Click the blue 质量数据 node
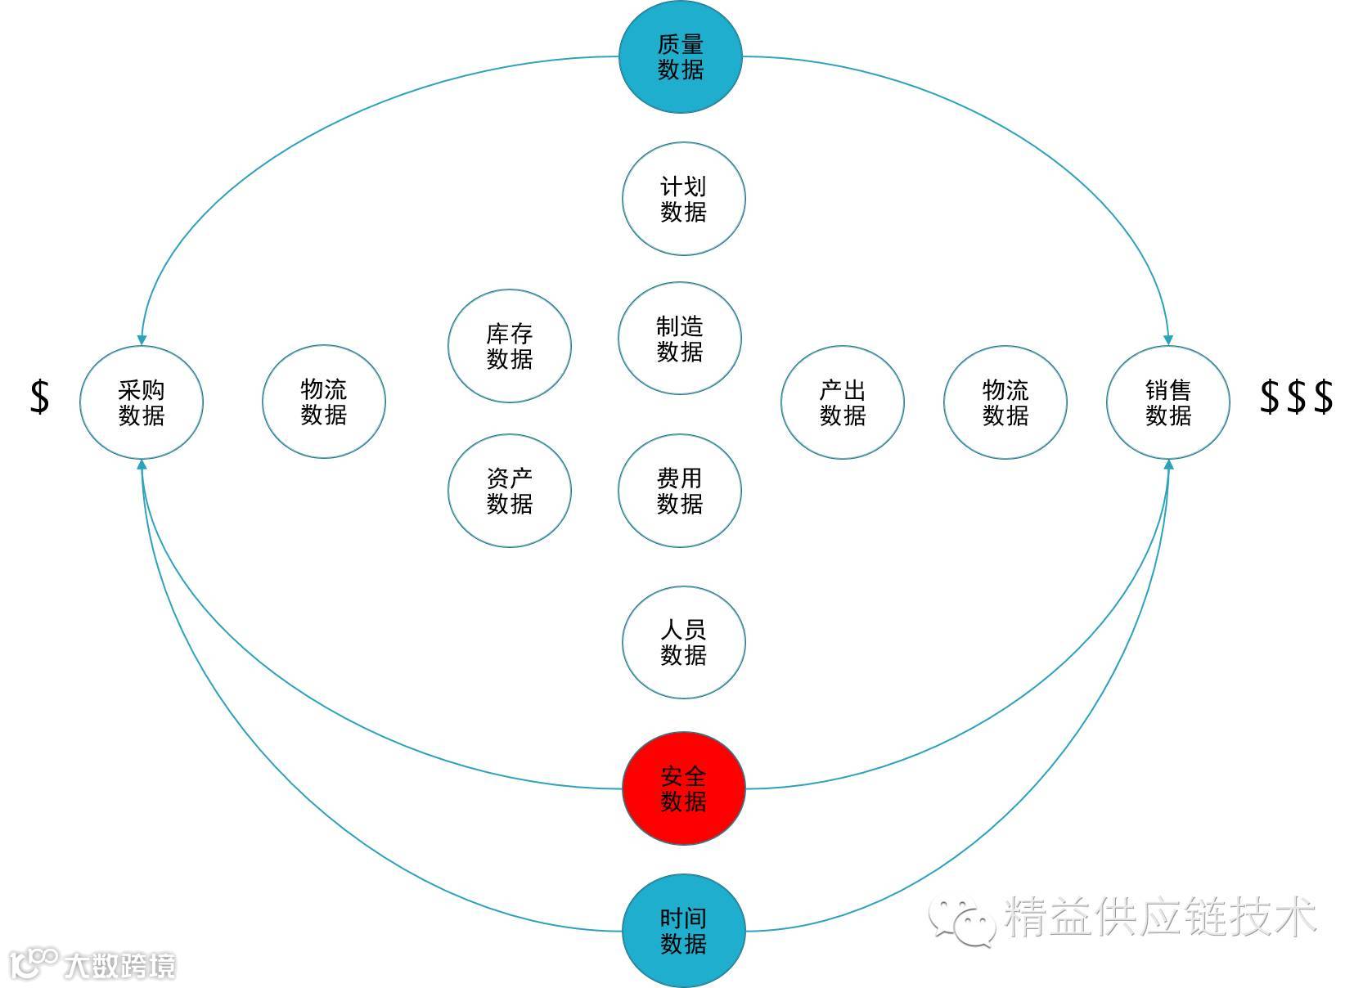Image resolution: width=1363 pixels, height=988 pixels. click(x=680, y=57)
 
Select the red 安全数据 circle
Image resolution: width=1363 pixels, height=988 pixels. click(x=684, y=788)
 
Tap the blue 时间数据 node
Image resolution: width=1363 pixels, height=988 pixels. click(x=684, y=931)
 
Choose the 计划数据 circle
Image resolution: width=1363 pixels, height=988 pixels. click(x=684, y=199)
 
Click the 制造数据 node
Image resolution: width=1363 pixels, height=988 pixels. click(x=680, y=339)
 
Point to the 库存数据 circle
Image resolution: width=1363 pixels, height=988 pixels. click(x=510, y=346)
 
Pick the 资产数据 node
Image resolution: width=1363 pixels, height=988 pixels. click(x=510, y=491)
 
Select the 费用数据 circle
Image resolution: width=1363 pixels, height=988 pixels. click(x=680, y=491)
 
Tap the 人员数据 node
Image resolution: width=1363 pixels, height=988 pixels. click(x=684, y=642)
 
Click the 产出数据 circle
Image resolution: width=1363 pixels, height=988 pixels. click(x=843, y=402)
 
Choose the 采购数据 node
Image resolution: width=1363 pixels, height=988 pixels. click(x=142, y=402)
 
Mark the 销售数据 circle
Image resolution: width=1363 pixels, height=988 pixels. click(x=1168, y=402)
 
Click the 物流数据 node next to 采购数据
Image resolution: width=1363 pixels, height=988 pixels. click(x=324, y=402)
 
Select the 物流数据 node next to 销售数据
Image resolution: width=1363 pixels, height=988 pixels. click(x=1005, y=402)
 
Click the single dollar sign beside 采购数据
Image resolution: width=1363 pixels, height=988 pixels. click(x=39, y=397)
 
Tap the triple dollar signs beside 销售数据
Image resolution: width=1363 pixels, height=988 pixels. click(x=1297, y=397)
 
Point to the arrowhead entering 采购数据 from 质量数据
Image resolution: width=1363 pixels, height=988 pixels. click(x=142, y=339)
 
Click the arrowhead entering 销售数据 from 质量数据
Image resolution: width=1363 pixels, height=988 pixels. click(x=1168, y=339)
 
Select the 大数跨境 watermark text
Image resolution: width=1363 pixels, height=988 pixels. click(x=119, y=966)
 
